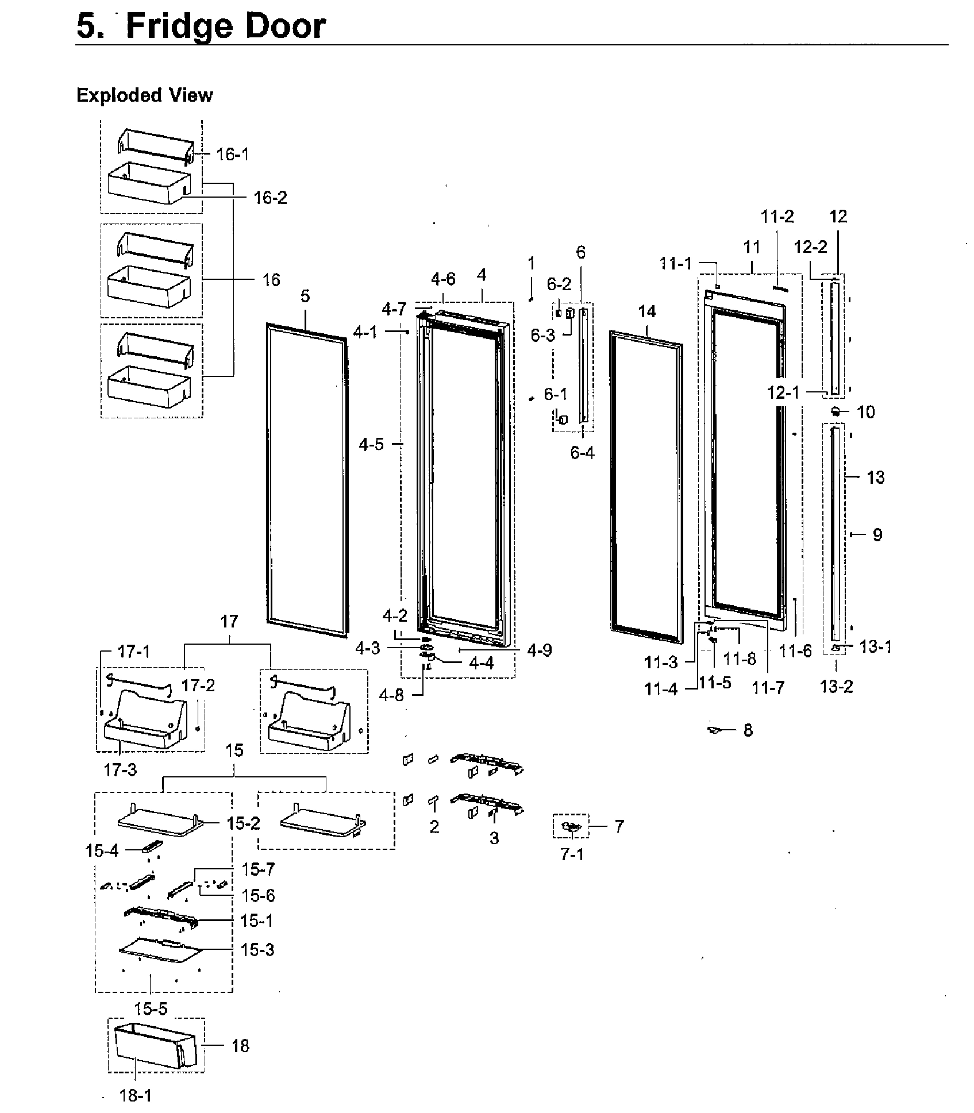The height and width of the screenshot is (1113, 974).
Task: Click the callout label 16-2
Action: click(x=270, y=198)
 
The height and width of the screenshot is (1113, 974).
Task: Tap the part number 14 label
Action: click(x=646, y=311)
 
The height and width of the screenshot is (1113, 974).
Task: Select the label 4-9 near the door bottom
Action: click(x=539, y=650)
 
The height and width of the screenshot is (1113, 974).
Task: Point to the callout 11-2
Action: click(x=777, y=217)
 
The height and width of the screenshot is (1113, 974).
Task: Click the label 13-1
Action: click(x=875, y=647)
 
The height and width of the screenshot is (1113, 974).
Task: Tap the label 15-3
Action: click(x=257, y=950)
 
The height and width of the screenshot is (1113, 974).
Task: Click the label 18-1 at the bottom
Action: click(x=136, y=1096)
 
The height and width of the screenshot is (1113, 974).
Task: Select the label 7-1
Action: click(x=572, y=854)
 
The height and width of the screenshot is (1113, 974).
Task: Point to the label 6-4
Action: click(x=582, y=453)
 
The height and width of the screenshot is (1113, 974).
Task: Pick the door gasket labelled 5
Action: click(x=307, y=480)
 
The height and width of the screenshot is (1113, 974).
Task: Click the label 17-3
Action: click(x=120, y=769)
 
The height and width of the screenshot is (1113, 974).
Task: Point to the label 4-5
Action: click(x=371, y=444)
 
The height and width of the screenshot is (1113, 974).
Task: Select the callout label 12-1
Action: click(x=783, y=392)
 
